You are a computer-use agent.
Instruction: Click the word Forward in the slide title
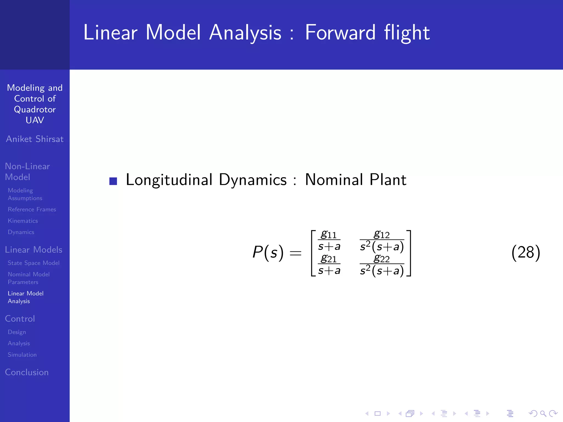[x=340, y=33]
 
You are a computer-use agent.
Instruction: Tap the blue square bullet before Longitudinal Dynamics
[x=113, y=181]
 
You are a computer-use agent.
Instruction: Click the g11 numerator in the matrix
[x=329, y=234]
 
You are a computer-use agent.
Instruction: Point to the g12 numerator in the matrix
[x=382, y=234]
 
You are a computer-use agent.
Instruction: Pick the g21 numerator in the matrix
[x=329, y=259]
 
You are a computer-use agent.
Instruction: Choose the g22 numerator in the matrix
[x=382, y=259]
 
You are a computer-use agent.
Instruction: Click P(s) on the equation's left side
[x=268, y=252]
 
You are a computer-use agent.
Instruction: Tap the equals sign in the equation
[x=296, y=253]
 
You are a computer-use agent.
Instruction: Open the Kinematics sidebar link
[x=23, y=221]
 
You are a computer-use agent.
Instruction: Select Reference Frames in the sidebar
[x=32, y=209]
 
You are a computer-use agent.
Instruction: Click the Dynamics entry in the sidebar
[x=21, y=232]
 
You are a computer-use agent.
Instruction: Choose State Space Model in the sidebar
[x=34, y=263]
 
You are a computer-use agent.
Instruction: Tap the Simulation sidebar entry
[x=22, y=355]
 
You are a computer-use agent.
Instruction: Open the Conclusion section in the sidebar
[x=27, y=372]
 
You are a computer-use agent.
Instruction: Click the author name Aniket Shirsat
[x=35, y=139]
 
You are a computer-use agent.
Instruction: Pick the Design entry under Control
[x=17, y=332]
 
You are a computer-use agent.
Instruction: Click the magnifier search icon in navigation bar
[x=543, y=413]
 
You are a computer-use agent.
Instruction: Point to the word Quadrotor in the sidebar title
[x=35, y=109]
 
